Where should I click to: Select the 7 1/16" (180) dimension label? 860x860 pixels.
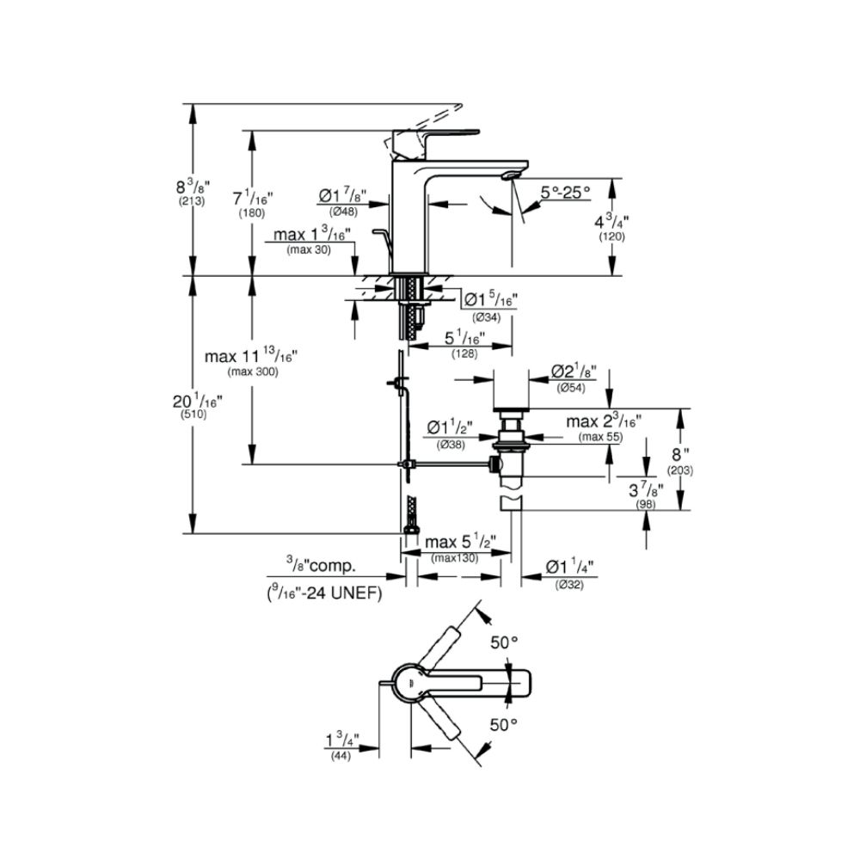click(252, 205)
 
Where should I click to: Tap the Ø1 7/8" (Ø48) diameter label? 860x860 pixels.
click(347, 203)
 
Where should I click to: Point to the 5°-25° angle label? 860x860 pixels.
click(565, 193)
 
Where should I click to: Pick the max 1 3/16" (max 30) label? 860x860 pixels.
click(311, 240)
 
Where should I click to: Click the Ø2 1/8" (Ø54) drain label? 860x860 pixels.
click(571, 378)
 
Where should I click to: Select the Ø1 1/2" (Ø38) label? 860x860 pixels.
click(451, 434)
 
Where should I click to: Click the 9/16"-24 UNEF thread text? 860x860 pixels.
click(323, 593)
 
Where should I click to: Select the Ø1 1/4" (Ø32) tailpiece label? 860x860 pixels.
click(570, 574)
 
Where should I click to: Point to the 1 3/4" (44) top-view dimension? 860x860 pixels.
click(341, 745)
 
